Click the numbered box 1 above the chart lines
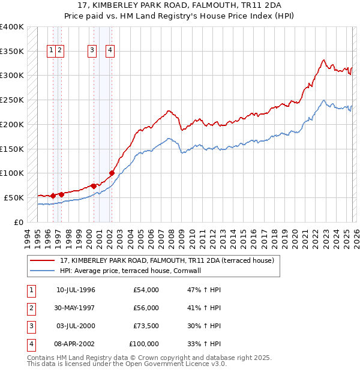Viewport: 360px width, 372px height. [52, 51]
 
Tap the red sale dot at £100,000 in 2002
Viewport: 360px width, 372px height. [112, 173]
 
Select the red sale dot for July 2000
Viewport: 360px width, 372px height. [94, 186]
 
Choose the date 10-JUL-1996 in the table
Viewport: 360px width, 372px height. [76, 290]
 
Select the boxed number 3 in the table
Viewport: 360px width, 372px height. [30, 326]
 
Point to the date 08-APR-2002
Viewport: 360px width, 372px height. [76, 344]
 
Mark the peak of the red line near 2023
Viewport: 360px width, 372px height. [323, 60]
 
